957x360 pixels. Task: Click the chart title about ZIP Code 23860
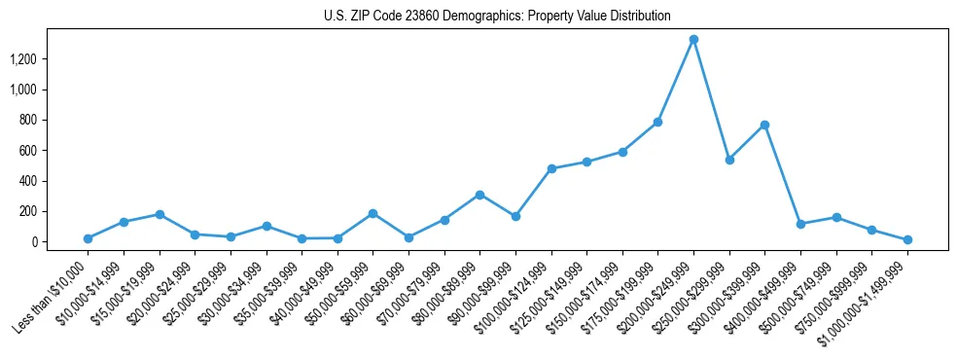(497, 16)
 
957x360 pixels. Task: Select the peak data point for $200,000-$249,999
(693, 40)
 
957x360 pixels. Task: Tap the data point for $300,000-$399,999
(764, 125)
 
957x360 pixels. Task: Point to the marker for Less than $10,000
(88, 238)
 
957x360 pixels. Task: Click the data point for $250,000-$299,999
(729, 160)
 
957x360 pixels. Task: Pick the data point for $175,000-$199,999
(657, 122)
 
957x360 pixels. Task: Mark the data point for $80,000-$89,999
(479, 195)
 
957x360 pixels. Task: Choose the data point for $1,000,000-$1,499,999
(907, 239)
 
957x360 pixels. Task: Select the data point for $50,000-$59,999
(372, 213)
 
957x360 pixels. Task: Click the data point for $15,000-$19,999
(159, 214)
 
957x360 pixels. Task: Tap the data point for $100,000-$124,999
(551, 168)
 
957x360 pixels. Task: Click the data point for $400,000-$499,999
(800, 224)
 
